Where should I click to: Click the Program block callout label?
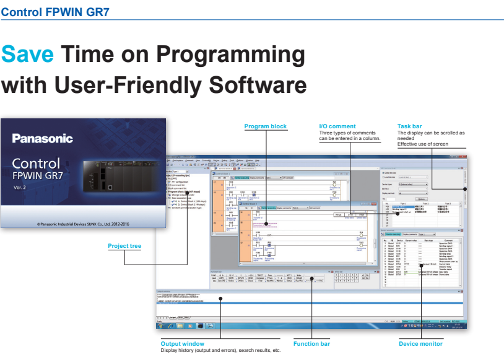tap(266, 126)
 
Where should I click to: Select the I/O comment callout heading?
tap(337, 126)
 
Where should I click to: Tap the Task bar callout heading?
tap(409, 126)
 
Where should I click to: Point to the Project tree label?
tap(124, 246)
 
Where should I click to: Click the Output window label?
tap(182, 344)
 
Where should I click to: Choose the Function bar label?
tap(311, 344)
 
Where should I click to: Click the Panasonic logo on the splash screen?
tap(42, 139)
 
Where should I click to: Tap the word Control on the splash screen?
tap(37, 164)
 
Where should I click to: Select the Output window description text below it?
tap(220, 351)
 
